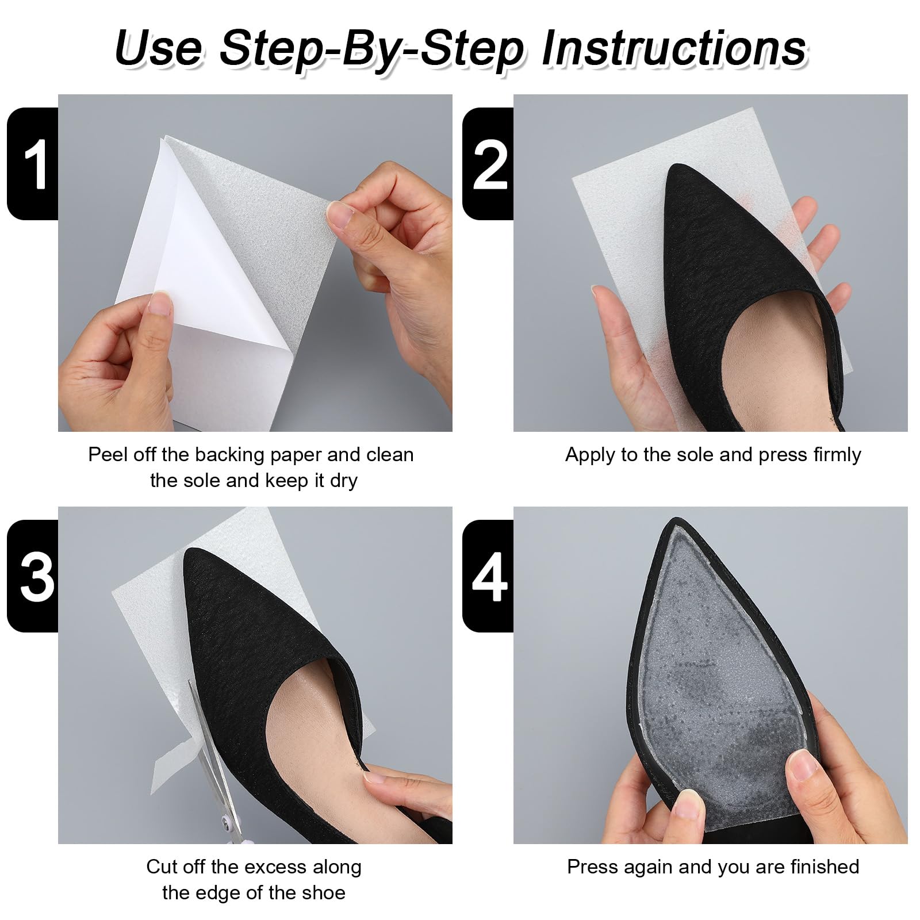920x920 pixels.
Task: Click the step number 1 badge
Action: click(x=33, y=163)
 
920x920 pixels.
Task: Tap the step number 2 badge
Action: click(x=488, y=163)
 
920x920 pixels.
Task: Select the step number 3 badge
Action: click(x=33, y=576)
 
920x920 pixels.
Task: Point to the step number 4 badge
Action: click(x=488, y=576)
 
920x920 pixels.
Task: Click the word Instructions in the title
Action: click(x=674, y=48)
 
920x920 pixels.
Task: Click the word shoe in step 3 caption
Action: click(x=323, y=892)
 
